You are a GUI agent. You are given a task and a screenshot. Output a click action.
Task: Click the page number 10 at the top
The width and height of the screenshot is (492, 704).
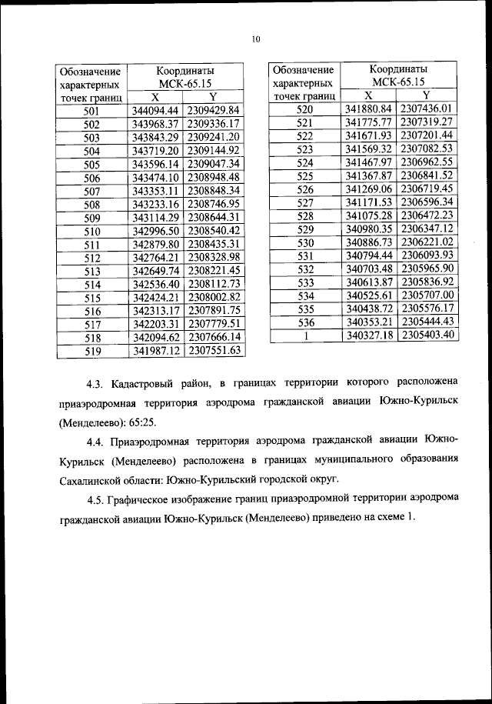click(x=256, y=38)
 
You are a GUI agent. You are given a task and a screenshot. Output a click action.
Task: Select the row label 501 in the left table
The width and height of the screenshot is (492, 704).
click(x=91, y=112)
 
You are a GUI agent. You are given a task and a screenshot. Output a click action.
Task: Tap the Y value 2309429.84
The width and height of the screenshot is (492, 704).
click(x=214, y=111)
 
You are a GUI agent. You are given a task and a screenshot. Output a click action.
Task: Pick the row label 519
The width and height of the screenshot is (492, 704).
click(x=91, y=352)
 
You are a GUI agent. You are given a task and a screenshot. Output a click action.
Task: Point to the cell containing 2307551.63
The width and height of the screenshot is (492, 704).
click(x=214, y=351)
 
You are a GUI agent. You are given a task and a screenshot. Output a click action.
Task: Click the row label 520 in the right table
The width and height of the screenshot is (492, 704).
click(x=304, y=110)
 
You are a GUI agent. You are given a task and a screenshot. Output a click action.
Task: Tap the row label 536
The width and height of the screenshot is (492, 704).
click(x=304, y=322)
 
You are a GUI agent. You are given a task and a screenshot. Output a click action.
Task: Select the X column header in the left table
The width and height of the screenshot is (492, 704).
click(x=155, y=98)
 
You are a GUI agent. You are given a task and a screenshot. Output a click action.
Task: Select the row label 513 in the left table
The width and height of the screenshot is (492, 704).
click(x=91, y=272)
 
